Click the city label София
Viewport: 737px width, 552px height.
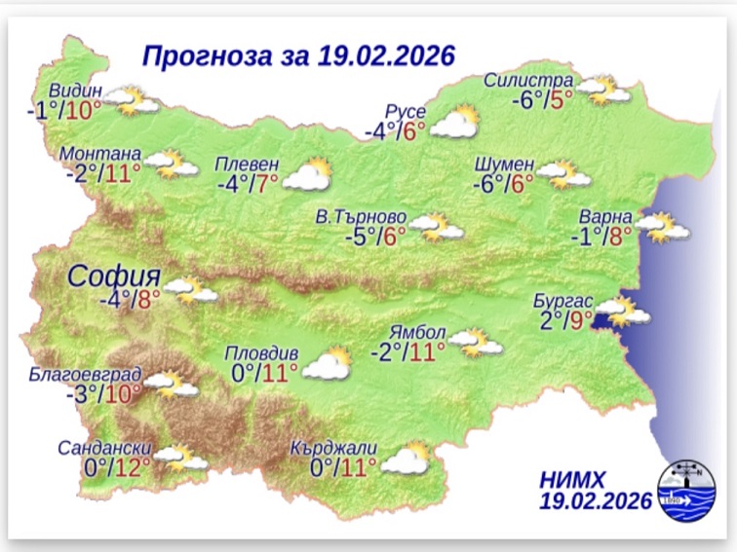pos(113,276)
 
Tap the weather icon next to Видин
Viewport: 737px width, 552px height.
pos(132,100)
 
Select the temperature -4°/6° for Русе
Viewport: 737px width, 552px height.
pos(395,130)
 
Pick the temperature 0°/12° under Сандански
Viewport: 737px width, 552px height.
pos(118,468)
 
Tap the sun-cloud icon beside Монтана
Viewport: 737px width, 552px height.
pos(173,165)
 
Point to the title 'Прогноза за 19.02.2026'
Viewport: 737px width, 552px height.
pos(298,55)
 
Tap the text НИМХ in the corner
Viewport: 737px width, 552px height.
pos(571,479)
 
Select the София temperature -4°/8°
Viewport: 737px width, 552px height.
pos(130,299)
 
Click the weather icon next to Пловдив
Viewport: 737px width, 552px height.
pos(327,364)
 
